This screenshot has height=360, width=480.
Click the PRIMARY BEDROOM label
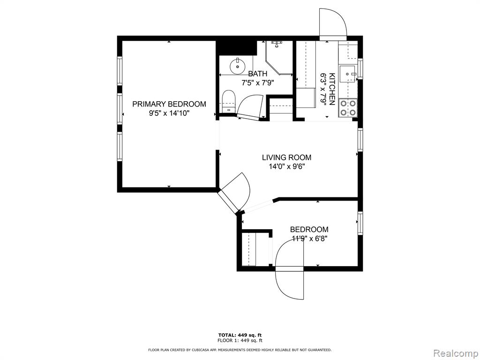[x=169, y=104]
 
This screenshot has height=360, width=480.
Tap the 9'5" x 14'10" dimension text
[x=169, y=113]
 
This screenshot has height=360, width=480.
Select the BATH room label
[x=257, y=74]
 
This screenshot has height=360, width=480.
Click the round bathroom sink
[x=237, y=67]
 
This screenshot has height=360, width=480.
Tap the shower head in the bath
[x=277, y=44]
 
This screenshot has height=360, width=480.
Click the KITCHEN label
[x=332, y=89]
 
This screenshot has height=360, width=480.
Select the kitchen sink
[x=347, y=74]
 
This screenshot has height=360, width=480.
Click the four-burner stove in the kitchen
[x=348, y=108]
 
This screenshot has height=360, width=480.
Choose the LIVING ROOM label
[x=286, y=157]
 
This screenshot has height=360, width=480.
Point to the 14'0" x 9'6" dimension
[x=286, y=167]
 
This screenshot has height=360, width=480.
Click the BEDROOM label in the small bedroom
[x=309, y=229]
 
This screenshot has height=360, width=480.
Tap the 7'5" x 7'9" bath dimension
[x=257, y=82]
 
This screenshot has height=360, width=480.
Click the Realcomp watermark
[x=455, y=353]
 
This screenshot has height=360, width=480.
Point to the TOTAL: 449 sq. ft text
[x=240, y=335]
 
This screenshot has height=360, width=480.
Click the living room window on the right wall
[x=360, y=140]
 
